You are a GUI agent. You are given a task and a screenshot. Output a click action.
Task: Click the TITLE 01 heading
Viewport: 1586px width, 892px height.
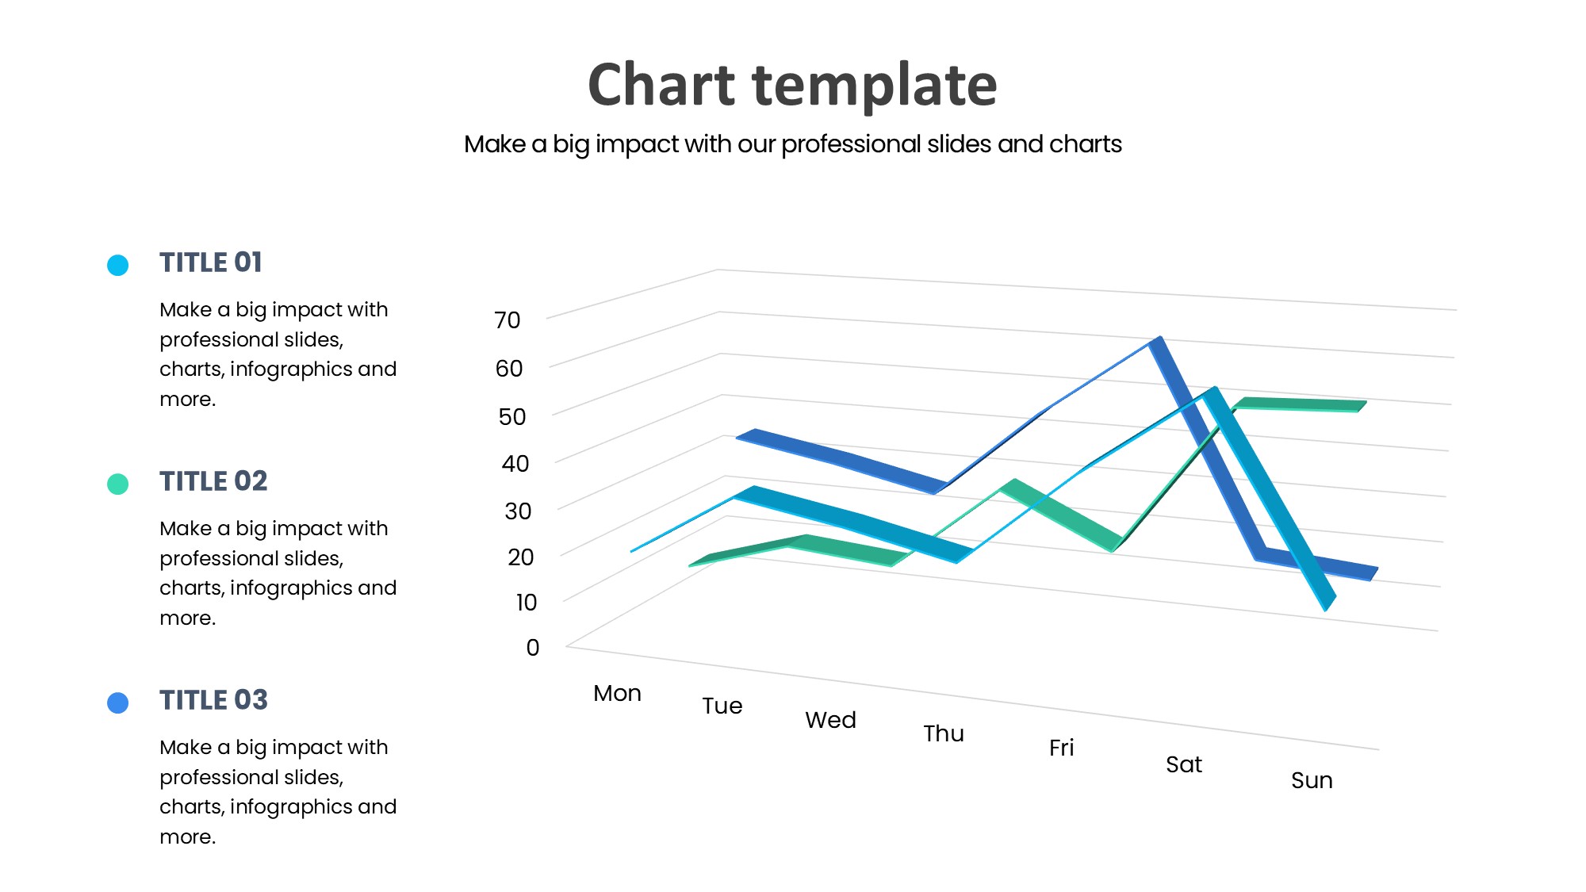210,262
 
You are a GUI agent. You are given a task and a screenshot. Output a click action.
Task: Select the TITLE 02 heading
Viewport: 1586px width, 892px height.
213,481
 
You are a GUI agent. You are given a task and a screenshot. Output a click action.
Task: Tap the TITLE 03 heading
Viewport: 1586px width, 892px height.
213,700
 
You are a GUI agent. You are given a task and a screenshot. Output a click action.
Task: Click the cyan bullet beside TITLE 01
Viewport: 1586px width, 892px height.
118,265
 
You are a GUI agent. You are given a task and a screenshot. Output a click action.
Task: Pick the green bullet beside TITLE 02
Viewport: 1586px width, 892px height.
118,484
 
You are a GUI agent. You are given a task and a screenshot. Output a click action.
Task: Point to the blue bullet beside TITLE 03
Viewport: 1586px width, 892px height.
118,702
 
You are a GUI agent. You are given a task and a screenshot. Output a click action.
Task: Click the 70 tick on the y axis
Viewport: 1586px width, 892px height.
508,320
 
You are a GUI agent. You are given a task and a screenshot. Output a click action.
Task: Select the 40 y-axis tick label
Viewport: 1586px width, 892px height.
515,464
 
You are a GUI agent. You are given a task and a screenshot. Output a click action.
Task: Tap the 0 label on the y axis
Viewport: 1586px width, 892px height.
533,648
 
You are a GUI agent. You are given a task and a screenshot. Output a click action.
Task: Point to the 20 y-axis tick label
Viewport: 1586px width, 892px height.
521,557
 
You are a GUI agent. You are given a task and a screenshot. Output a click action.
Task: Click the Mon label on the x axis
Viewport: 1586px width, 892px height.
617,694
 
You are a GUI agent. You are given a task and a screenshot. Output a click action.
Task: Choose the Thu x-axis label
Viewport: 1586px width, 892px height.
944,734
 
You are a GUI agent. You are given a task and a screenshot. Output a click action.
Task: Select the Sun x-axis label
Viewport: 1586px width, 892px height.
1312,781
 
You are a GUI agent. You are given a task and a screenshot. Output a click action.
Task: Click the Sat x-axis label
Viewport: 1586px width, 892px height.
1184,765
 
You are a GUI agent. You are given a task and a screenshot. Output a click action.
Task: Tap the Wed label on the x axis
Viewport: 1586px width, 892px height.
830,721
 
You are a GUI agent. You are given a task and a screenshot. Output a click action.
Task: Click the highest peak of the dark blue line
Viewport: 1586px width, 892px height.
1157,342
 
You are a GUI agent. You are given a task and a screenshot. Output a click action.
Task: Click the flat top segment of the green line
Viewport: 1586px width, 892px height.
1301,404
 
